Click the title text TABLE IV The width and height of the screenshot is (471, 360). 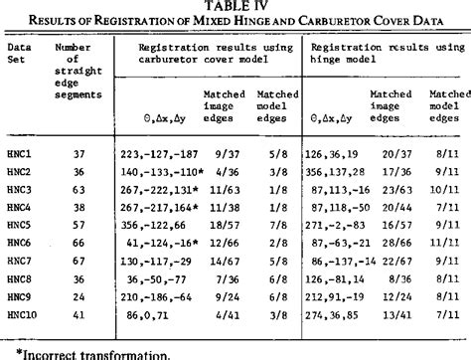[x=235, y=7]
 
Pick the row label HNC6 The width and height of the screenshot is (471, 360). [x=21, y=242]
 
